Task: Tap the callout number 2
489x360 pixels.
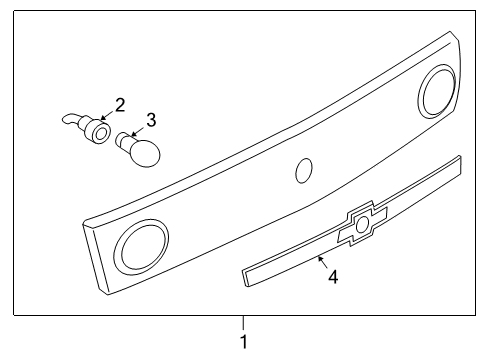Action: coord(120,103)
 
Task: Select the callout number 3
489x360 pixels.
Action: coord(151,120)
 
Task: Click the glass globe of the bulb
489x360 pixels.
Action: coord(146,153)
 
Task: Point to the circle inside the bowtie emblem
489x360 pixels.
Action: coord(363,226)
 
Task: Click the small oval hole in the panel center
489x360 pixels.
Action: coord(303,171)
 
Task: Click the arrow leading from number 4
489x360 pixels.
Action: coord(322,262)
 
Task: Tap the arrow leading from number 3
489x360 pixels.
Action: coord(137,130)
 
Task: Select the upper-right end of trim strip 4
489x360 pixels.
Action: coord(459,160)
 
